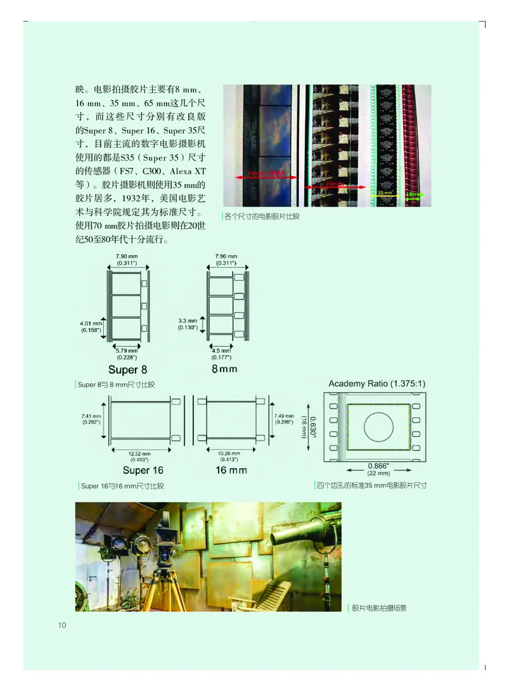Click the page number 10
pos(62,625)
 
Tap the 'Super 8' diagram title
pos(127,370)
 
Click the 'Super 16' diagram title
pos(143,470)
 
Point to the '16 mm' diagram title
pos(231,470)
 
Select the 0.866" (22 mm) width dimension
pos(379,469)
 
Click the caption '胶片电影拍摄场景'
pos(379,608)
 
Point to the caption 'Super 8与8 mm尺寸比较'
pos(117,385)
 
